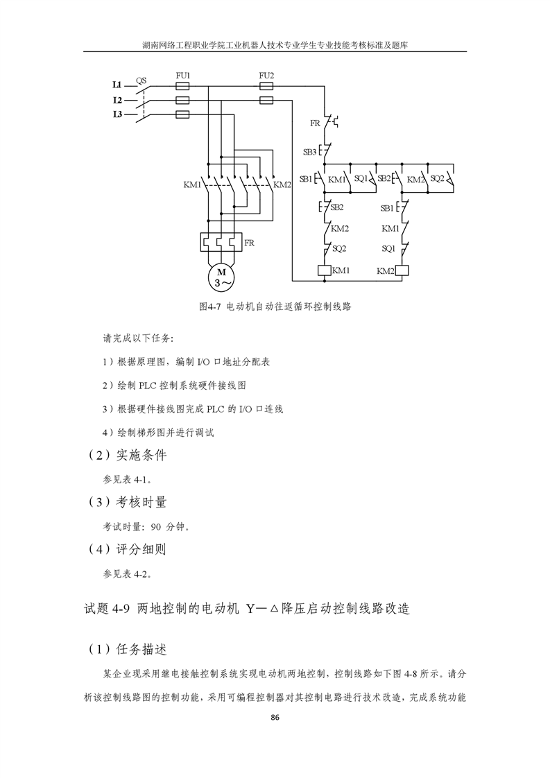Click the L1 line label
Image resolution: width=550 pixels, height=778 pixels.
(x=118, y=85)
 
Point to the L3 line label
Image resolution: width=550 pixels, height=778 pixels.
(x=118, y=114)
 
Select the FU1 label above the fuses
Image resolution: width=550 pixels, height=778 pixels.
(x=182, y=76)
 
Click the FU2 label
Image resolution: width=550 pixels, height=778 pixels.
(x=266, y=76)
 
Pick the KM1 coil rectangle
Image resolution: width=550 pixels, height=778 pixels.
(x=325, y=270)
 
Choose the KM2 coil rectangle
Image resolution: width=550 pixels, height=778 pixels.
(x=402, y=270)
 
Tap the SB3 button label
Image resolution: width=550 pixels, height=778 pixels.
(x=310, y=152)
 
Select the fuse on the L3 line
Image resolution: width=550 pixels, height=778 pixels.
(x=182, y=115)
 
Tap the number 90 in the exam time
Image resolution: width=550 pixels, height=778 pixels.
(x=156, y=527)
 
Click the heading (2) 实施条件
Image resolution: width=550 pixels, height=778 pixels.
(x=128, y=455)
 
